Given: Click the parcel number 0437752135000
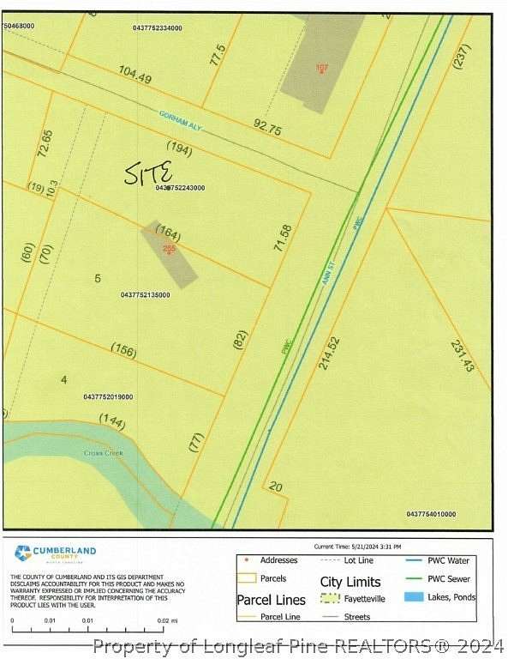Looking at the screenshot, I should (x=146, y=295).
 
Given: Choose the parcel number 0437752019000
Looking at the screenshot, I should (x=108, y=396).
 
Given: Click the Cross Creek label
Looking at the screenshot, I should (x=104, y=453).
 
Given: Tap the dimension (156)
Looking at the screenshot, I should (x=123, y=349).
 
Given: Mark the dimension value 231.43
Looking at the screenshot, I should (x=462, y=355).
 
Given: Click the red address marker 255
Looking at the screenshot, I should (x=169, y=249).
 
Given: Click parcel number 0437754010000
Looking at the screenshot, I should (x=431, y=514).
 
